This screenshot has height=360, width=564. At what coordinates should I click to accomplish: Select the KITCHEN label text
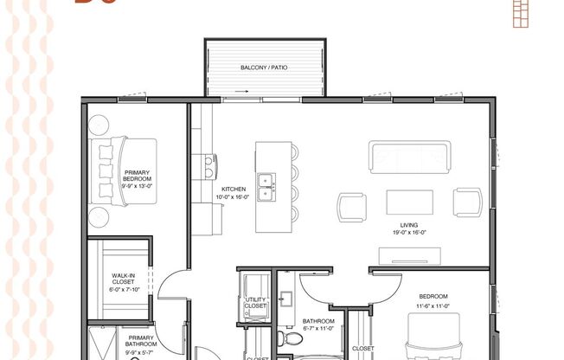pyautogui.click(x=234, y=189)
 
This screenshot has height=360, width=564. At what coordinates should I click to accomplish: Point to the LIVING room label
pyautogui.click(x=409, y=225)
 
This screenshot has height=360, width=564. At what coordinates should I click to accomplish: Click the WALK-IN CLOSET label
pyautogui.click(x=122, y=280)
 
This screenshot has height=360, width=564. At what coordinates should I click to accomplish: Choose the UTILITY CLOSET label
pyautogui.click(x=256, y=303)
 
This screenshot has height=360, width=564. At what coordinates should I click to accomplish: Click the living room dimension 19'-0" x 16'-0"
pyautogui.click(x=409, y=233)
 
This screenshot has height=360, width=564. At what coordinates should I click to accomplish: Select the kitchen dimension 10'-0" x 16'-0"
pyautogui.click(x=234, y=196)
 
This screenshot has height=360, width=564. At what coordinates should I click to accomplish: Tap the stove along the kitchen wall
pyautogui.click(x=208, y=164)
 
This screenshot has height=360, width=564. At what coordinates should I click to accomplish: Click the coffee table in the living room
pyautogui.click(x=410, y=202)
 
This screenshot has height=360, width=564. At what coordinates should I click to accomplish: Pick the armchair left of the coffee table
pyautogui.click(x=352, y=206)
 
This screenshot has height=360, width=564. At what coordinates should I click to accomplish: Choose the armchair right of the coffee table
pyautogui.click(x=468, y=202)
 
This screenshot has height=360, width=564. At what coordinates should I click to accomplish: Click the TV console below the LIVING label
pyautogui.click(x=410, y=254)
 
